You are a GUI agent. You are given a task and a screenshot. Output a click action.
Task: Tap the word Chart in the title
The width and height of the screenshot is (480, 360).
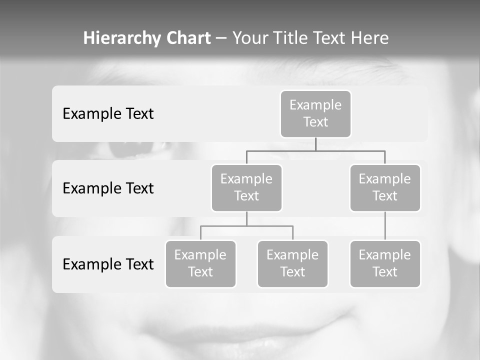coord(188,38)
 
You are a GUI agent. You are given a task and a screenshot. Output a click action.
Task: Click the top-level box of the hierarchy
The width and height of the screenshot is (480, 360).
coord(315,113)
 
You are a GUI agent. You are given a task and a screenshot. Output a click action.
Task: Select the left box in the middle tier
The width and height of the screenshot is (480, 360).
coord(246,187)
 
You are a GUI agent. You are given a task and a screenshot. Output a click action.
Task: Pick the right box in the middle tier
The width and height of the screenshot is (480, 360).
coord(385,187)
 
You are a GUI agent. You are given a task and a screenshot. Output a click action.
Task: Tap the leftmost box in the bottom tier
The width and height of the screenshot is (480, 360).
coord(200,263)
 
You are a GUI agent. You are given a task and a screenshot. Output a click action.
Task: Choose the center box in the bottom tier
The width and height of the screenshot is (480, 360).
coord(292,263)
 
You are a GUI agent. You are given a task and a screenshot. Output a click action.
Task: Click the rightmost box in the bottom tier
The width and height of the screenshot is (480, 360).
coord(385,263)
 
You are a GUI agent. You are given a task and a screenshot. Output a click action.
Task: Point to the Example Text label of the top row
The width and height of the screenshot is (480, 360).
coord(108,113)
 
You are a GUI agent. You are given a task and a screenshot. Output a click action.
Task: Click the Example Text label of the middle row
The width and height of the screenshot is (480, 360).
coord(108,188)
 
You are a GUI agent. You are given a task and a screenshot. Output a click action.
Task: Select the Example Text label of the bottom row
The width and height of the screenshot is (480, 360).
coord(108,264)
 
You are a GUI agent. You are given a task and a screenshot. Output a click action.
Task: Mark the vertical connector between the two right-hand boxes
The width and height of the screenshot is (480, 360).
coord(385,226)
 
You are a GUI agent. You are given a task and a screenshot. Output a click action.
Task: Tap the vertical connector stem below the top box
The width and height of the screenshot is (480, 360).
coord(315,144)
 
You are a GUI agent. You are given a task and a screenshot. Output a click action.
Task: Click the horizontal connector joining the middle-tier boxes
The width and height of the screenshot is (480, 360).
coord(315,150)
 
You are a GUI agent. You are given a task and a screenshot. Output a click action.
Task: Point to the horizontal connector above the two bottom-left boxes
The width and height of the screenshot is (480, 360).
coord(246,226)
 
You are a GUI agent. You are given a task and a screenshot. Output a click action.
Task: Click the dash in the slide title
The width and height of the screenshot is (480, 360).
coord(221,38)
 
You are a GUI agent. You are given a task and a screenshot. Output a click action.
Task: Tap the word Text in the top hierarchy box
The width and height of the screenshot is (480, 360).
coord(315,122)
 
